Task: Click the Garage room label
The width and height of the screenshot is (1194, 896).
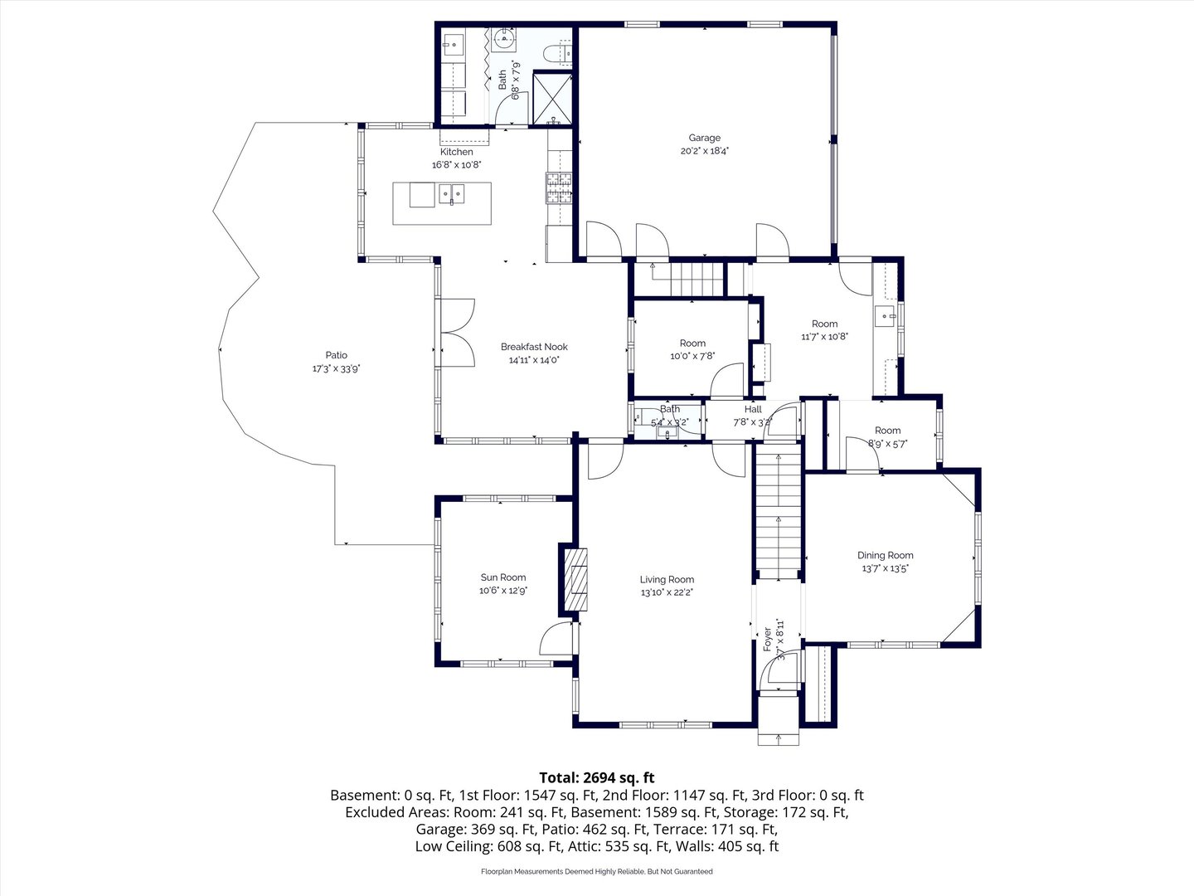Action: point(704,139)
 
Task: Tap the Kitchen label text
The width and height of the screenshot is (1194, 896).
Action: point(456,152)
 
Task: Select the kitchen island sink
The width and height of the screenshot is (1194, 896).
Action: point(452,195)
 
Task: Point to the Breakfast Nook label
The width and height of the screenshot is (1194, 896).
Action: point(534,347)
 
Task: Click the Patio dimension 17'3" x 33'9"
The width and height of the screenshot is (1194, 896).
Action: point(336,369)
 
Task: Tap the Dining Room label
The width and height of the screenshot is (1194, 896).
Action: point(885,555)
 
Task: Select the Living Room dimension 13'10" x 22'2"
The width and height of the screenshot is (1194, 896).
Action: point(667,592)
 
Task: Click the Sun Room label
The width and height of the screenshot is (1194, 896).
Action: point(503,577)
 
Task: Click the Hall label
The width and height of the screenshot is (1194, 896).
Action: point(753,409)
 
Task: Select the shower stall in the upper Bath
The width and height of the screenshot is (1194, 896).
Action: point(552,99)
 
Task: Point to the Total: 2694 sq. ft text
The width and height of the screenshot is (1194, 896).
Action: point(596,777)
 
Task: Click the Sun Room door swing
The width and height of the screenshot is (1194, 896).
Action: point(556,640)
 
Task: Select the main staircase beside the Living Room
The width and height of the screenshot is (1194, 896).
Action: point(778,514)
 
